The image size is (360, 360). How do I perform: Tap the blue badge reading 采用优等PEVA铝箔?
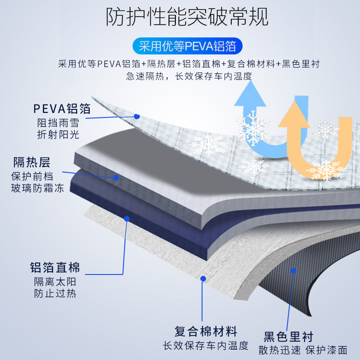click(x=187, y=46)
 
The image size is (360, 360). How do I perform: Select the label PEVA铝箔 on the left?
click(x=62, y=109)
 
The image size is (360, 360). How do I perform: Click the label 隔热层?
click(x=31, y=162)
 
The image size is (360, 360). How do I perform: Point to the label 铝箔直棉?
click(x=55, y=268)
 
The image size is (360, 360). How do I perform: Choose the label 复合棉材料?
click(x=206, y=332)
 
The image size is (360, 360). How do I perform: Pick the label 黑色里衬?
click(x=288, y=336)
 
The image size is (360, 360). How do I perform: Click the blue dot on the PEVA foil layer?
click(x=137, y=116)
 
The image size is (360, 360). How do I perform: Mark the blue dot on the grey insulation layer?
click(x=116, y=178)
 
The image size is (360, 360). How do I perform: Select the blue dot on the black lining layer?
click(x=293, y=271)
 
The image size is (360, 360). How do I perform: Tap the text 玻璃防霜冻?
click(x=38, y=188)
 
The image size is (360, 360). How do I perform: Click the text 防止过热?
click(x=55, y=293)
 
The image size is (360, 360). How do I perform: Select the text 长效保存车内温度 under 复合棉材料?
click(x=206, y=346)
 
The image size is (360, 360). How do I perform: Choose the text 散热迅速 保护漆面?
click(x=303, y=349)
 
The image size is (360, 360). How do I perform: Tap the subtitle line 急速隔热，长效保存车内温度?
click(x=189, y=76)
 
